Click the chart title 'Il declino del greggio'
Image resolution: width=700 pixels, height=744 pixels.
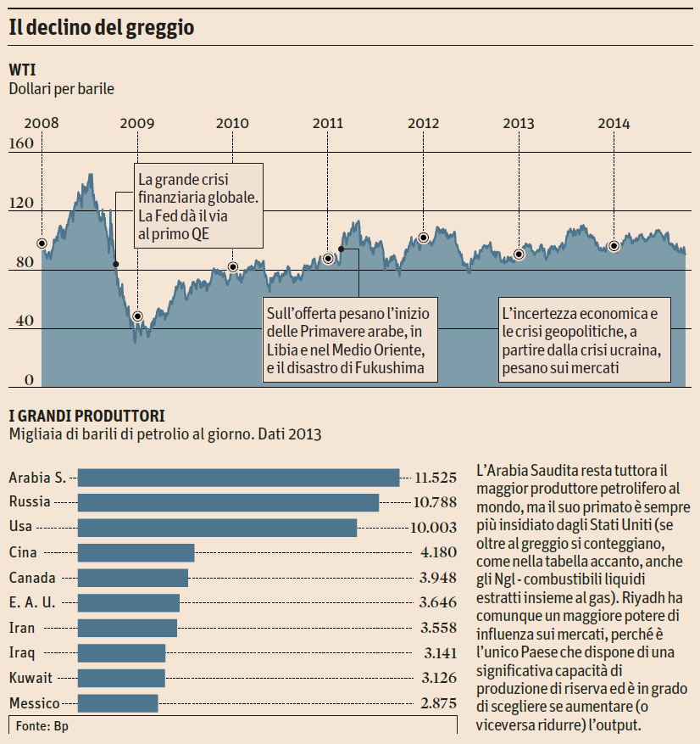point(102,27)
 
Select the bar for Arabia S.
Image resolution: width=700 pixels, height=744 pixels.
point(238,478)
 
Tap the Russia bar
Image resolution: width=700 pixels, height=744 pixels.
point(228,502)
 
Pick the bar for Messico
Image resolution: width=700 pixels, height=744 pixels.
point(118,703)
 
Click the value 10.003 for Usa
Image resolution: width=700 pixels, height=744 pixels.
point(433,527)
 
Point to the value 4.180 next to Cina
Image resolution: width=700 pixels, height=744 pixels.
point(438,552)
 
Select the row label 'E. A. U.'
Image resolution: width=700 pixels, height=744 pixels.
point(31,603)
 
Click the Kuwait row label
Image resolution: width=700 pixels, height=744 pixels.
point(31,678)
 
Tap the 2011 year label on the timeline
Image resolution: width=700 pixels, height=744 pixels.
point(328,123)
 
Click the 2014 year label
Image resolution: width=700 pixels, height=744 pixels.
point(614,123)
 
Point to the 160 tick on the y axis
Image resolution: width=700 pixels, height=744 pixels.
point(22,144)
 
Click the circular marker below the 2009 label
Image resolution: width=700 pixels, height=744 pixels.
point(137,316)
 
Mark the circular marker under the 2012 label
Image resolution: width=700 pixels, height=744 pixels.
point(423,238)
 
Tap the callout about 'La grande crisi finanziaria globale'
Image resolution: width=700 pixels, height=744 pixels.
point(198,206)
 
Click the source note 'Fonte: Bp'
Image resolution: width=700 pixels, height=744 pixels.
point(42,726)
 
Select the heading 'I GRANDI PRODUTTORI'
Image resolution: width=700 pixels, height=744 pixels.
point(86,416)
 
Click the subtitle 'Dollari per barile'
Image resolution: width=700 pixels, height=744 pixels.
point(61,87)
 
